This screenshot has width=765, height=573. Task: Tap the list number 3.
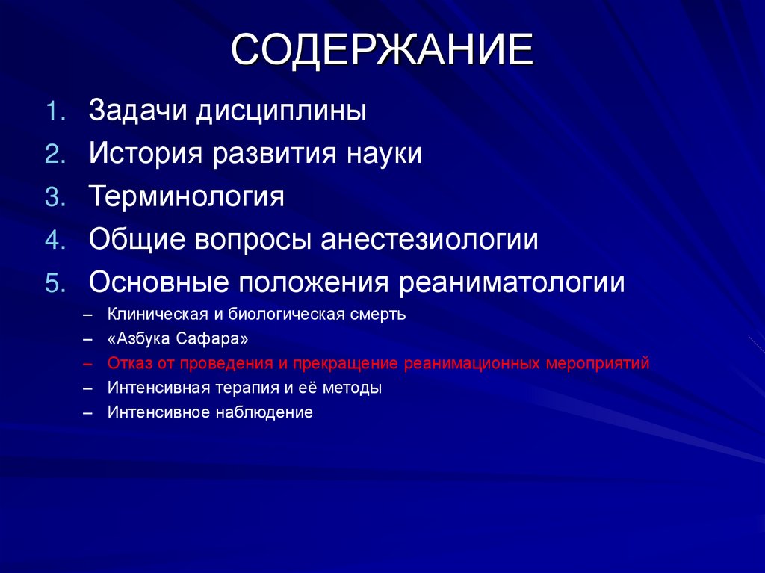[x=57, y=197]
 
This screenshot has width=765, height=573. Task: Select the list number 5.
[x=57, y=283]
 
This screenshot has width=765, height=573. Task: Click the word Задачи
[x=138, y=111]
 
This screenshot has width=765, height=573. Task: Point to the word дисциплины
[x=282, y=111]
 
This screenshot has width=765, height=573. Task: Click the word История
[x=146, y=154]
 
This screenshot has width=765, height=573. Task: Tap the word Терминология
[x=187, y=197]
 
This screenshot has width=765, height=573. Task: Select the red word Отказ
[x=128, y=363]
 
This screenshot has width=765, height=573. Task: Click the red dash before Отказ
[x=88, y=364]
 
